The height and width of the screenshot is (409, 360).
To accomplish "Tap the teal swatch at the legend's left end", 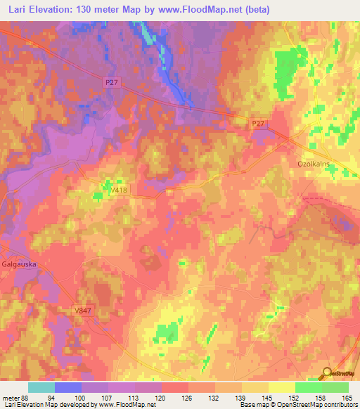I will [x=41, y=387].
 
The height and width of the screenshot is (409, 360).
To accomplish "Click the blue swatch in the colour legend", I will [x=68, y=387].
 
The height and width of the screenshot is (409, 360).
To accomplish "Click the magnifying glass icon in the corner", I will [x=326, y=372].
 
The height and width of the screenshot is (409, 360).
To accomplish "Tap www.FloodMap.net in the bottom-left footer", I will [x=124, y=405].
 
